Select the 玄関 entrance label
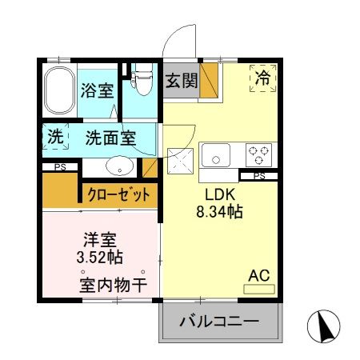pos(181,81)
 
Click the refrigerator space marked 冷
pos(262,78)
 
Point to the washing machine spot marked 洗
pos(55,137)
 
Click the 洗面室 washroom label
pos(110,138)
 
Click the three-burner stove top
pos(259,153)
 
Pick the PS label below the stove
pos(258,175)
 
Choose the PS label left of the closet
pos(59,166)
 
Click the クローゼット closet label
pos(119,194)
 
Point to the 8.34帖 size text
pos(220,213)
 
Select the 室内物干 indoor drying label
pos(112,284)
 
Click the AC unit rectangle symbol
pos(258,287)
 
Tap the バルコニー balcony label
pos(218,323)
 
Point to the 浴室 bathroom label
pos(98,90)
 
